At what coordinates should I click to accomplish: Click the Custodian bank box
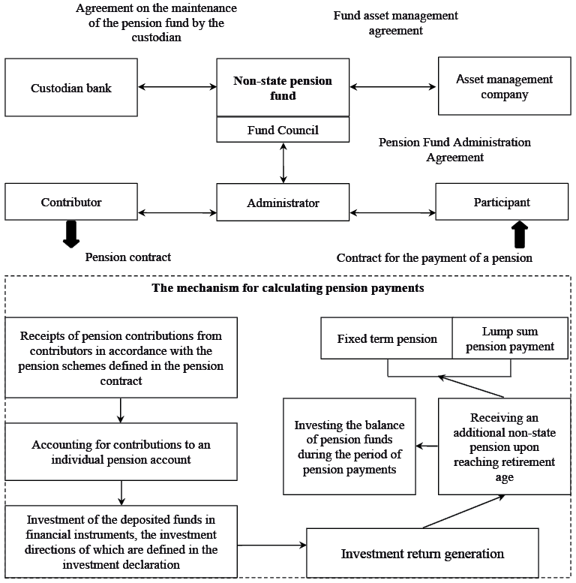tap(71, 88)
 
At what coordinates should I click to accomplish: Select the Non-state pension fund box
tap(283, 88)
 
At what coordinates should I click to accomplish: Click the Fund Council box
tap(283, 131)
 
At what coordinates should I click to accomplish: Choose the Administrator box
tap(283, 203)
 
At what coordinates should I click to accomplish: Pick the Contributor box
tap(71, 202)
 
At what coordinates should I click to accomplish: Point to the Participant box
tap(502, 202)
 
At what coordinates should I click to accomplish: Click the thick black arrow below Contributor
tap(71, 234)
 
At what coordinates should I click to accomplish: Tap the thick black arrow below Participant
tap(519, 234)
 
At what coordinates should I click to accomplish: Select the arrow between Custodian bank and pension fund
tap(177, 88)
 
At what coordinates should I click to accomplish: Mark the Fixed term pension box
tap(387, 338)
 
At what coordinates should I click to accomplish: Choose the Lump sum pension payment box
tap(510, 338)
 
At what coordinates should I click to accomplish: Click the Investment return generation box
tap(422, 554)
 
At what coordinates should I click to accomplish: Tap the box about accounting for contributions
tap(121, 452)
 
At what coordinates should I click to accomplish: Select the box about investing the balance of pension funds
tap(349, 446)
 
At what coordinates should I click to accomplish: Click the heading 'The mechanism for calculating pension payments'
tap(288, 287)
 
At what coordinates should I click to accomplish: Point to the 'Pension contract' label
tap(127, 257)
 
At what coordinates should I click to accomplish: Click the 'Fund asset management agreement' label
tap(395, 23)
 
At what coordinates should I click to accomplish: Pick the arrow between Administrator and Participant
tap(392, 203)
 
